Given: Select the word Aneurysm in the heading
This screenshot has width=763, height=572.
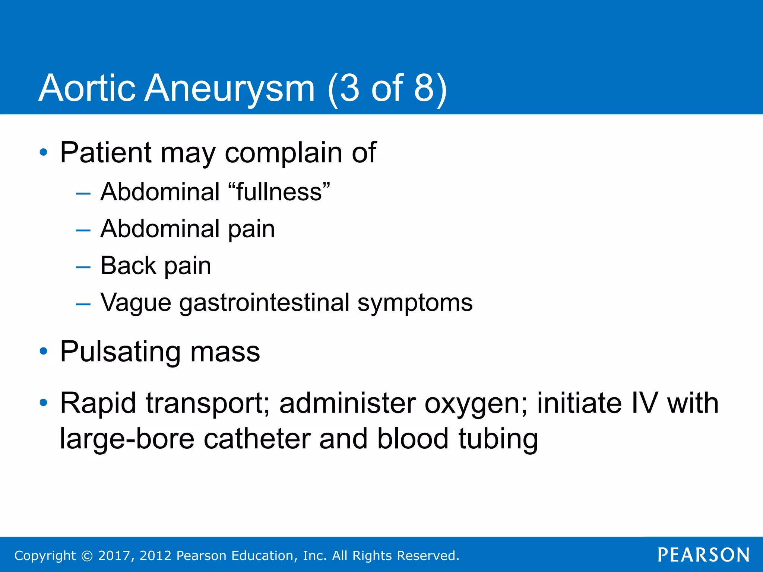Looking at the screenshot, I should pyautogui.click(x=229, y=89).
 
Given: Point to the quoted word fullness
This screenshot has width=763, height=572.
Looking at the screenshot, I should pyautogui.click(x=279, y=192).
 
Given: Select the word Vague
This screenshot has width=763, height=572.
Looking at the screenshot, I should pyautogui.click(x=136, y=302).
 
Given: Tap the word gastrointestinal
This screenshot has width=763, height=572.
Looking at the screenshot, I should pyautogui.click(x=264, y=302).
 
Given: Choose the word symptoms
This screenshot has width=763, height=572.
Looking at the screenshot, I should pyautogui.click(x=415, y=302).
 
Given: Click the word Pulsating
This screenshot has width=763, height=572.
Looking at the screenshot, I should pyautogui.click(x=121, y=352).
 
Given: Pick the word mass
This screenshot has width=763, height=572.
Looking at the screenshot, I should pyautogui.click(x=225, y=352).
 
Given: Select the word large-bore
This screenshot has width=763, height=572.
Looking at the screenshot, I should pyautogui.click(x=127, y=439).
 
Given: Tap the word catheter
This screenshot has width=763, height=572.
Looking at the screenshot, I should pyautogui.click(x=257, y=439).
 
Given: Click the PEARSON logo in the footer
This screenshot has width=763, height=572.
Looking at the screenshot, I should pyautogui.click(x=704, y=555).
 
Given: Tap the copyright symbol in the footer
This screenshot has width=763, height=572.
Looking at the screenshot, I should pyautogui.click(x=87, y=556).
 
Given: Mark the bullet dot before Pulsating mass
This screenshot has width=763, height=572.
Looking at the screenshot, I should pyautogui.click(x=44, y=351).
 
